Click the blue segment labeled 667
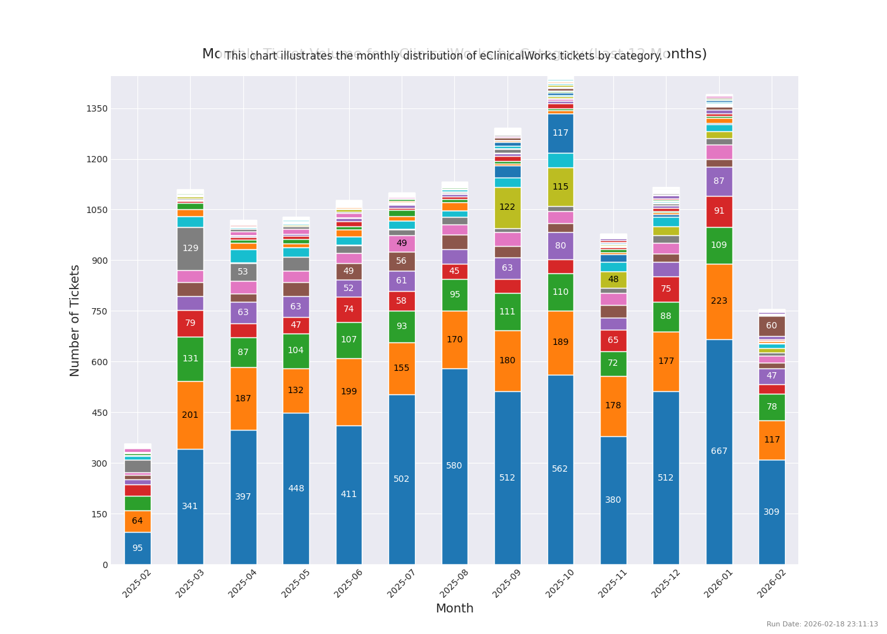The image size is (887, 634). coord(719,451)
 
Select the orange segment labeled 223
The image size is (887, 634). coord(719,301)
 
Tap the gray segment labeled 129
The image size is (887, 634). coord(190,249)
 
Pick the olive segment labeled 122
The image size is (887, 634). coord(507,207)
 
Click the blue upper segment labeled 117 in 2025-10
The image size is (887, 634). coord(560,133)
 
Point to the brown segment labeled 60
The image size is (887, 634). coord(772,326)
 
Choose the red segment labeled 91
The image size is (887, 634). coord(719,211)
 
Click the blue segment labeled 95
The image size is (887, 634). coord(137,548)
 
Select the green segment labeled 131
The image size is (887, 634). coord(190,359)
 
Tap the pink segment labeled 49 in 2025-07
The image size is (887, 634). coord(402,243)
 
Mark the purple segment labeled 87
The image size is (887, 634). coord(719,181)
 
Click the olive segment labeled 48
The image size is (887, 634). coord(613,280)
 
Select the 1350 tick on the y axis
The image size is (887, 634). coord(97,108)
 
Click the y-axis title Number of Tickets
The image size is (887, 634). coord(75,320)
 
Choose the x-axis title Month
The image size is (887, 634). coord(454,609)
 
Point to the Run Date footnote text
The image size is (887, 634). coord(822,624)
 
